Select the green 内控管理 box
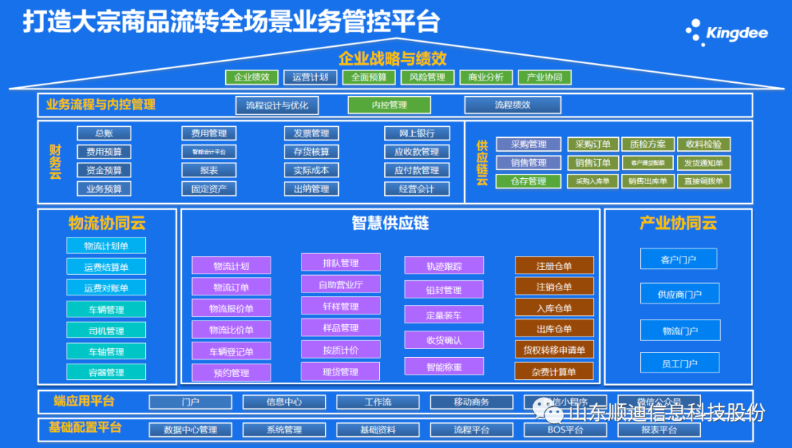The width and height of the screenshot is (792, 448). tap(389, 105)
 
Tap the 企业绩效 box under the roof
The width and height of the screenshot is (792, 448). tap(252, 77)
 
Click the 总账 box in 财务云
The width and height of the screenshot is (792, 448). tap(104, 133)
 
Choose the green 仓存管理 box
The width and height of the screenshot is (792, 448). tap(528, 181)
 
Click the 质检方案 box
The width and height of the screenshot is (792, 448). tap(648, 144)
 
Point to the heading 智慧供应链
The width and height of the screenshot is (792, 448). tap(390, 224)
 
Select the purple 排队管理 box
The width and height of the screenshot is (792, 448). tap(340, 262)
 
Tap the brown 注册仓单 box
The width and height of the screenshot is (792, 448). tap(554, 265)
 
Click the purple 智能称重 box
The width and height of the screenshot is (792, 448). tap(444, 366)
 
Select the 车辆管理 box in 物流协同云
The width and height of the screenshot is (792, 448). tap(106, 309)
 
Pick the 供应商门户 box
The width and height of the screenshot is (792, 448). tap(679, 294)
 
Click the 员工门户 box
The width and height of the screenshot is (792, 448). tap(679, 363)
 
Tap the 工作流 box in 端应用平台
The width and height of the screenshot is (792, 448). tap(378, 402)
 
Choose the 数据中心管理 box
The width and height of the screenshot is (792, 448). tap(190, 430)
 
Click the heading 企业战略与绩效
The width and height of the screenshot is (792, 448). tap(392, 58)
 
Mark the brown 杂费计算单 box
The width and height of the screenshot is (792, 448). tap(554, 371)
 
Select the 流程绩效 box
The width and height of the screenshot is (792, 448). tap(512, 105)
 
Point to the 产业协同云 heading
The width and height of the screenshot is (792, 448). tap(678, 223)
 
